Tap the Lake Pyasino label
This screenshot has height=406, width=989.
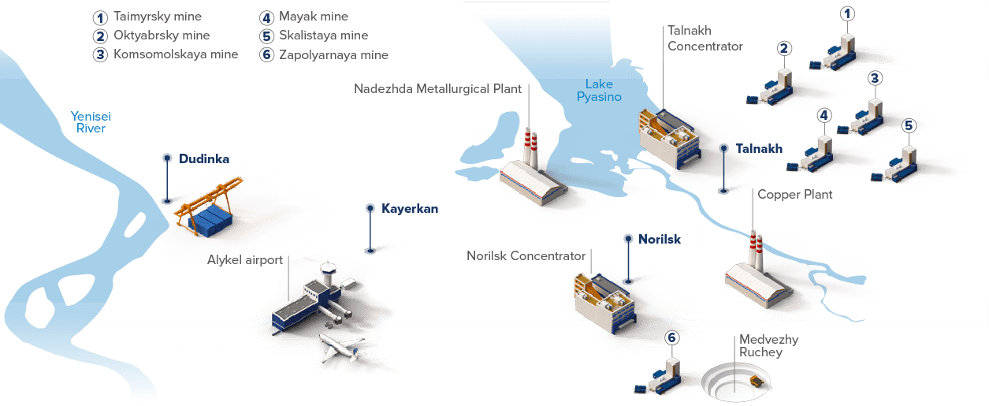pos(599,91)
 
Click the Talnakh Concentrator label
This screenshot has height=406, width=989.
pos(705,39)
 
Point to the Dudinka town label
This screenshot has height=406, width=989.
pos(204,159)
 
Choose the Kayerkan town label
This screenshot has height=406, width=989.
pos(409,209)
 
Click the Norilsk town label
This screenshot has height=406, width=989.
pos(659,239)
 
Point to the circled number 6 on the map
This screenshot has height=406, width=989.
pos(671,338)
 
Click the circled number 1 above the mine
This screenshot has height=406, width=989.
pos(847,13)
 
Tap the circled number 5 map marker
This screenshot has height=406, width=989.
pos(908,125)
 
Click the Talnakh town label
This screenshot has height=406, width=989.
pos(759,149)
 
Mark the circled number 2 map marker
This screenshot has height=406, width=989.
pos(783,48)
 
